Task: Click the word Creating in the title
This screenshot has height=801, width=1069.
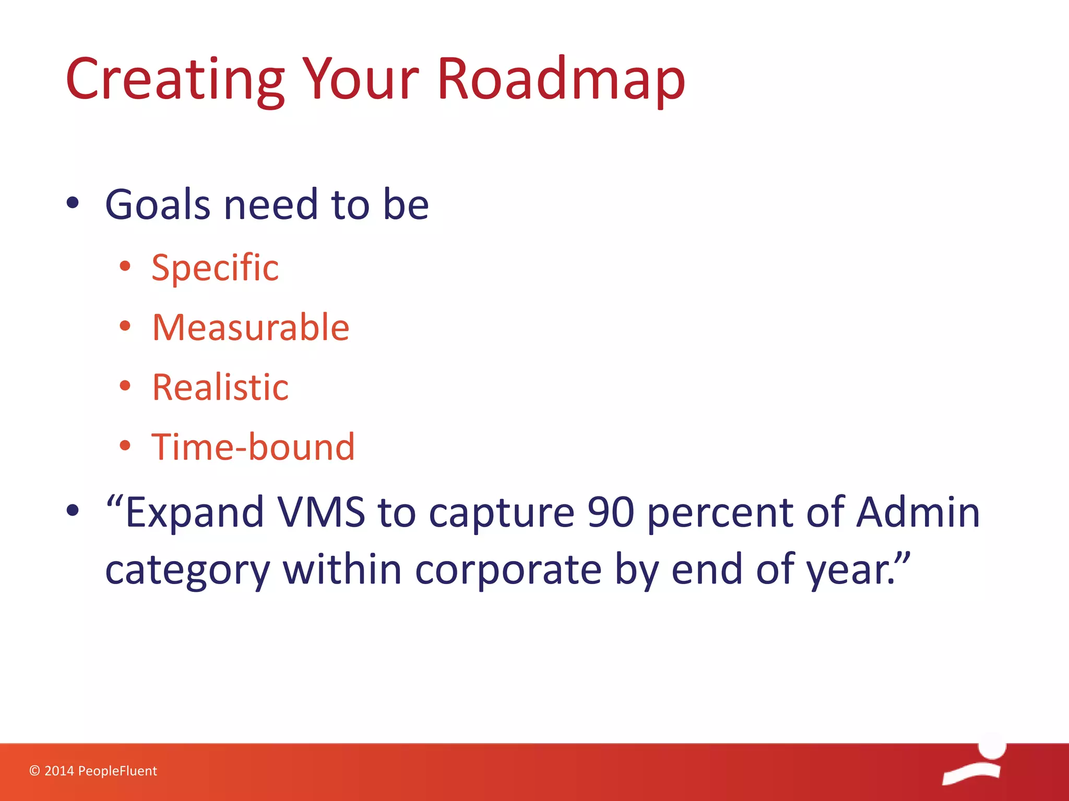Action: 175,79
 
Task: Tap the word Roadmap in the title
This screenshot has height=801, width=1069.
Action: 561,79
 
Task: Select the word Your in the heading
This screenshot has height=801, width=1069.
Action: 360,79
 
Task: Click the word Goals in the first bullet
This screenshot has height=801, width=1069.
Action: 159,204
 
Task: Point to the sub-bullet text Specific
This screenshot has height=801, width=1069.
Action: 215,268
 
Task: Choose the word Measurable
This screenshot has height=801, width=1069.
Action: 251,327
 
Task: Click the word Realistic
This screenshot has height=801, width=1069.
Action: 220,387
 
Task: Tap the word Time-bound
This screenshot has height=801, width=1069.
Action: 253,447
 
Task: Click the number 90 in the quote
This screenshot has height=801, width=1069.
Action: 610,513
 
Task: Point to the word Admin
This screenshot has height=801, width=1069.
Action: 918,513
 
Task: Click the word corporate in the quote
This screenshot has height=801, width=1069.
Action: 508,569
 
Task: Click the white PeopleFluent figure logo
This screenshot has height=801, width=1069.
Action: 974,761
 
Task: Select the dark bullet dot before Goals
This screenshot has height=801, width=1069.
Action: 73,203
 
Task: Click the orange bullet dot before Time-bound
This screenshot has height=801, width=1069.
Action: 125,446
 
